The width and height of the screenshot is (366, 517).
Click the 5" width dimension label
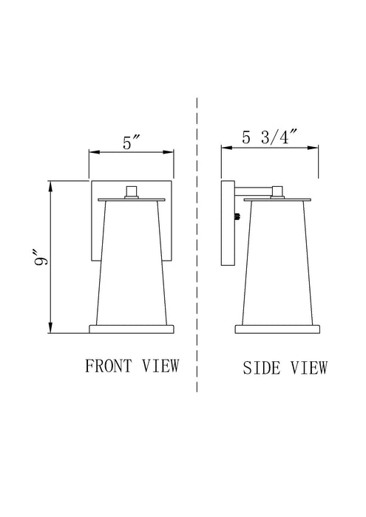tap(132, 143)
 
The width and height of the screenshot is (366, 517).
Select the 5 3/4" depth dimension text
tap(270, 137)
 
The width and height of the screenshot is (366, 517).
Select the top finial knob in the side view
tap(277, 193)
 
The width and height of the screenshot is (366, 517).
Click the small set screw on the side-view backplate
tap(237, 216)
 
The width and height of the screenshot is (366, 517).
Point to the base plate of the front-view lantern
tap(132, 327)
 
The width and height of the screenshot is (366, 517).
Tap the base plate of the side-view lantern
tap(277, 327)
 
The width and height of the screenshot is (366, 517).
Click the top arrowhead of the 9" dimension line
tap(50, 184)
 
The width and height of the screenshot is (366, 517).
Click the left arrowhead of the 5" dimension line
tap(92, 153)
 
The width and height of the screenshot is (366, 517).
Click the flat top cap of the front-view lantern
tap(132, 199)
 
